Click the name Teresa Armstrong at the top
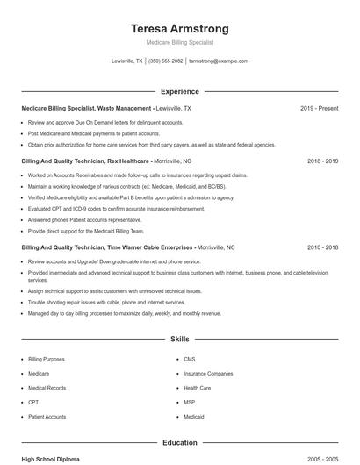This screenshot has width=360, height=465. point(179,28)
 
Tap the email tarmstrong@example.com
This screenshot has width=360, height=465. point(219,61)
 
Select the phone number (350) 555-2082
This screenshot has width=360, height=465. point(166,61)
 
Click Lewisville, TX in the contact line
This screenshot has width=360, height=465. point(127,61)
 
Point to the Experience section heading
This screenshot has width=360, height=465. point(179,91)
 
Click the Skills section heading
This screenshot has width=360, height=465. point(179,338)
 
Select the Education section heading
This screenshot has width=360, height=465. point(179,443)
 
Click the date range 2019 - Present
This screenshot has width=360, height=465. point(319,109)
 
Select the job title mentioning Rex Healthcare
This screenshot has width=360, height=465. point(85,161)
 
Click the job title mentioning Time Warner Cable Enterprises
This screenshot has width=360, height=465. point(107,247)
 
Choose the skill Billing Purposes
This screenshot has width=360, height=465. point(47,359)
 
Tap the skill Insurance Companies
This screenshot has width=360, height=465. point(208,373)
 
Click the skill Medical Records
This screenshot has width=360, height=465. point(47,387)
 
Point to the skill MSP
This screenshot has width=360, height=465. point(190,402)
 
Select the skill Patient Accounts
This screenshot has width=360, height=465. point(47,417)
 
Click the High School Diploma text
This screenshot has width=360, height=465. point(50,459)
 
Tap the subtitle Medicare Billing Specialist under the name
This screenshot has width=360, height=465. point(179,42)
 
